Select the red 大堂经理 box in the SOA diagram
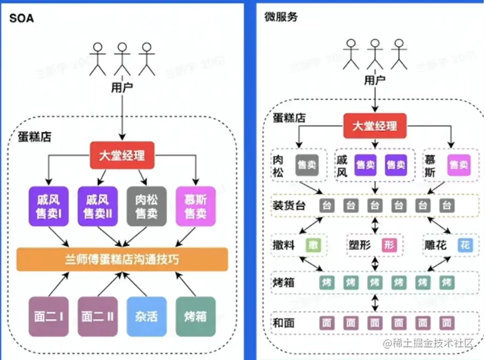click(122, 155)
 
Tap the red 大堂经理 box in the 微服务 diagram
click(374, 125)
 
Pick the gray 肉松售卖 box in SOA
click(146, 207)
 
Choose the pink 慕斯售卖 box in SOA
click(195, 207)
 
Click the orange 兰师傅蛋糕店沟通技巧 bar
click(122, 259)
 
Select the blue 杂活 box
click(146, 317)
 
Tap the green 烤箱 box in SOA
click(195, 317)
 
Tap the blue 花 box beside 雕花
click(464, 244)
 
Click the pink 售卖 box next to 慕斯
click(459, 165)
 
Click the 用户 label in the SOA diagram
click(122, 87)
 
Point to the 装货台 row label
click(288, 205)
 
